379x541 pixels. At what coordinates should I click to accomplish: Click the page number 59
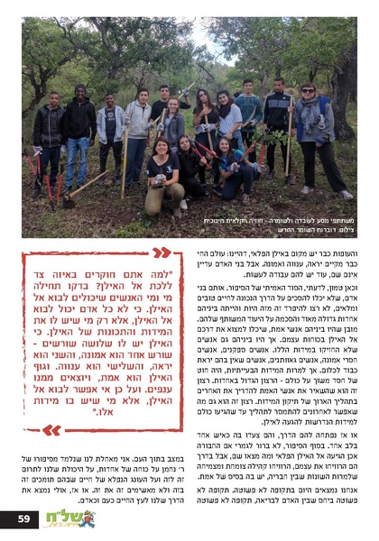pyautogui.click(x=24, y=519)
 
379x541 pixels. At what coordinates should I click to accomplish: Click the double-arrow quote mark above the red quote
pyautogui.click(x=161, y=252)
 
